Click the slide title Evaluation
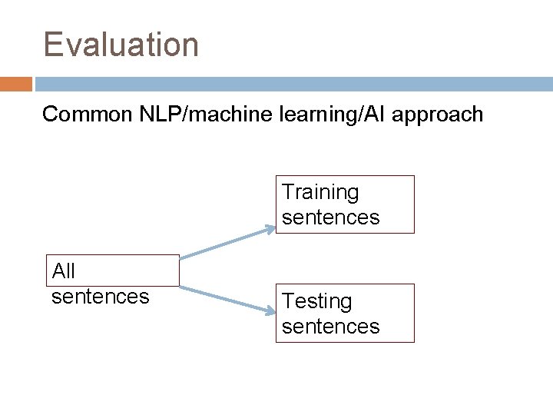pyautogui.click(x=121, y=45)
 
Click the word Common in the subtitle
pyautogui.click(x=88, y=115)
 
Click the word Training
pyautogui.click(x=320, y=192)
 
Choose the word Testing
pyautogui.click(x=316, y=301)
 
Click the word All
pyautogui.click(x=63, y=271)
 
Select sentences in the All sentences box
pyautogui.click(x=100, y=296)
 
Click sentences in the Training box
pyautogui.click(x=330, y=217)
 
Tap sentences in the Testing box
pyautogui.click(x=330, y=327)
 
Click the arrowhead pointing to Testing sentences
pyautogui.click(x=270, y=310)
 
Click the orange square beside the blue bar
pyautogui.click(x=15, y=84)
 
